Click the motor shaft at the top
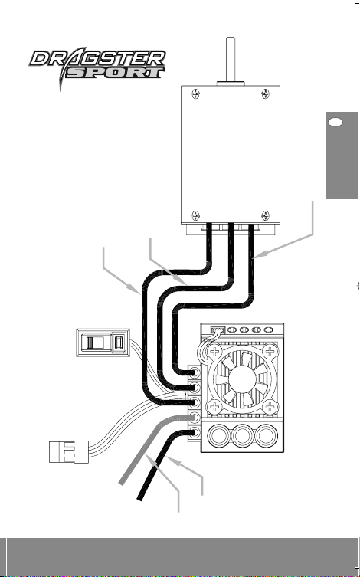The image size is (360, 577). click(231, 60)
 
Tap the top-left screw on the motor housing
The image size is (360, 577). click(196, 94)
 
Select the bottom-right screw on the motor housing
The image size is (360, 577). click(266, 215)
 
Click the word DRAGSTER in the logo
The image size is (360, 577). click(98, 58)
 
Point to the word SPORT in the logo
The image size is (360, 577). click(114, 73)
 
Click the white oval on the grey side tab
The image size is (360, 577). click(335, 123)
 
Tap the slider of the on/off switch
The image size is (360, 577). click(92, 343)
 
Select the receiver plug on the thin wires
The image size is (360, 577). click(69, 451)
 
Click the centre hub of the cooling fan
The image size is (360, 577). click(241, 379)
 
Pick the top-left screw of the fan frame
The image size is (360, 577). click(214, 351)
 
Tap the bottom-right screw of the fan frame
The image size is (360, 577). click(270, 407)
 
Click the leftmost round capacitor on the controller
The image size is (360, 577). click(219, 437)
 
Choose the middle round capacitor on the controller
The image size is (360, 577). click(243, 437)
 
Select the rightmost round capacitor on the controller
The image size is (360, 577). click(267, 437)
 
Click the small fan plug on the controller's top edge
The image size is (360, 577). click(218, 329)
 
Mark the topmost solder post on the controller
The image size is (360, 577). click(195, 372)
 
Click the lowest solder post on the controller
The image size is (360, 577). click(195, 432)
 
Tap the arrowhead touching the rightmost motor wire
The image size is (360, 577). click(259, 255)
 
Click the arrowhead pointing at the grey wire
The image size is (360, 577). click(151, 460)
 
